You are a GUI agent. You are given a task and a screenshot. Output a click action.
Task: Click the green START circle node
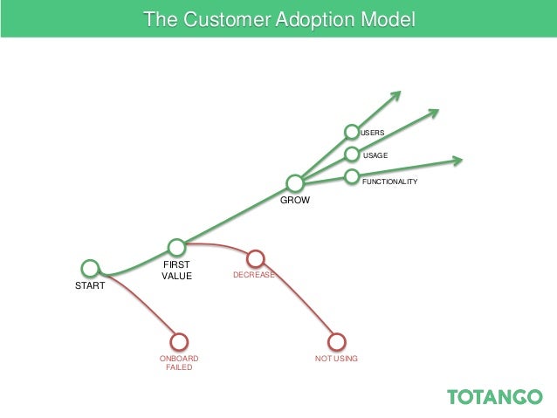(x=89, y=268)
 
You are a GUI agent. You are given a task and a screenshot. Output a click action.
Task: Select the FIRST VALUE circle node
(x=176, y=247)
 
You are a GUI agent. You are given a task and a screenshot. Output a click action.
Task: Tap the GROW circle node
(x=295, y=183)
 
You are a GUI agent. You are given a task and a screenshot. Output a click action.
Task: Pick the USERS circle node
(x=352, y=133)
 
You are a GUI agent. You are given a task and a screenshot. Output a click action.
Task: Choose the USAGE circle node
(x=352, y=154)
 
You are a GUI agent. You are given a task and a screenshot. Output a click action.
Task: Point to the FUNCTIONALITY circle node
(x=352, y=177)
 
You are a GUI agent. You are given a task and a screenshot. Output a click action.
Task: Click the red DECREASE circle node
(x=255, y=258)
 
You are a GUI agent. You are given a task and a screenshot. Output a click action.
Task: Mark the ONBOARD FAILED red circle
(x=179, y=341)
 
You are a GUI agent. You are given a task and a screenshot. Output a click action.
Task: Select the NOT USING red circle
(x=336, y=341)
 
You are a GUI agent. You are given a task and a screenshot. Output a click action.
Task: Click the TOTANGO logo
(x=494, y=397)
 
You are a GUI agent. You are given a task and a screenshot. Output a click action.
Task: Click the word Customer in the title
(x=210, y=18)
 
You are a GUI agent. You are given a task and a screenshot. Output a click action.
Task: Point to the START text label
(x=90, y=285)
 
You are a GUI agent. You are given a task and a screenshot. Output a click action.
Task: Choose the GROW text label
(x=294, y=200)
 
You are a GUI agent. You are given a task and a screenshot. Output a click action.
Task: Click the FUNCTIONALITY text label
(x=389, y=182)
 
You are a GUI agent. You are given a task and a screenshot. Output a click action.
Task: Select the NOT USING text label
(x=336, y=359)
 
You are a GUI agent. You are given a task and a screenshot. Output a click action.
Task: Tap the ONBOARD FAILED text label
(x=179, y=363)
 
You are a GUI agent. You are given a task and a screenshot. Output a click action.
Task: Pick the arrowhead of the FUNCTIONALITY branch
(x=457, y=160)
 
